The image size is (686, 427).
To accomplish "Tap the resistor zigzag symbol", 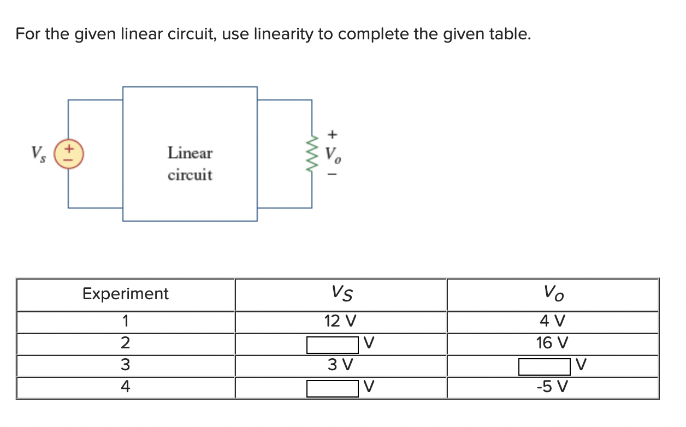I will point(312,153).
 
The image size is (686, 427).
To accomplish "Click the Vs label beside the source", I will point(38,152).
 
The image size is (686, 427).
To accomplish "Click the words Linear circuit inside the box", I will point(190,164).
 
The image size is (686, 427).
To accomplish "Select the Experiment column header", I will point(126,294).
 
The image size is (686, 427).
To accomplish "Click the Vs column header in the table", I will point(341,294).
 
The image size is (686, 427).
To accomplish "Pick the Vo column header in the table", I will point(553,294).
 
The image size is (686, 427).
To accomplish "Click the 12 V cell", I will point(340,321).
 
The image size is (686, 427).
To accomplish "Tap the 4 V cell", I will point(552,321).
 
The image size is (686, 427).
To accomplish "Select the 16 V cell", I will point(552,343).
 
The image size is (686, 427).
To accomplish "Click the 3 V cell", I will point(340,364).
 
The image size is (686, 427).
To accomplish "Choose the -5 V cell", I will point(552,387).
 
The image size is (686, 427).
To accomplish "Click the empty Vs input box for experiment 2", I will point(333,344).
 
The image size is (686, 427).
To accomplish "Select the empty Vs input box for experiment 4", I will point(333,388).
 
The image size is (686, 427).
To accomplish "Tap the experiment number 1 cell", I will point(126,321).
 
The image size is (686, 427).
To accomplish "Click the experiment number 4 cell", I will point(126,387).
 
